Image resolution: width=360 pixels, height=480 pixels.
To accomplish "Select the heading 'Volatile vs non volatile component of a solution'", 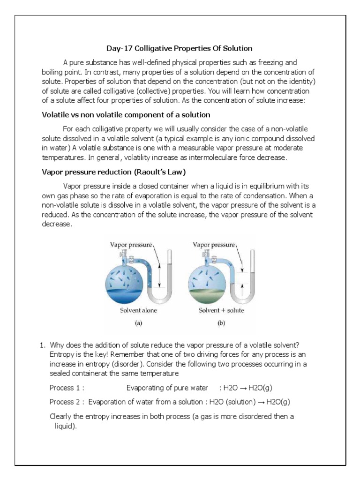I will [126, 115].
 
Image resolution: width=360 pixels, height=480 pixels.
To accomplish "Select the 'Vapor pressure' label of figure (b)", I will [214, 245].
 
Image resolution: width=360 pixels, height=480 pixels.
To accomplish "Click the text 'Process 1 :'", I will [67, 388].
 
